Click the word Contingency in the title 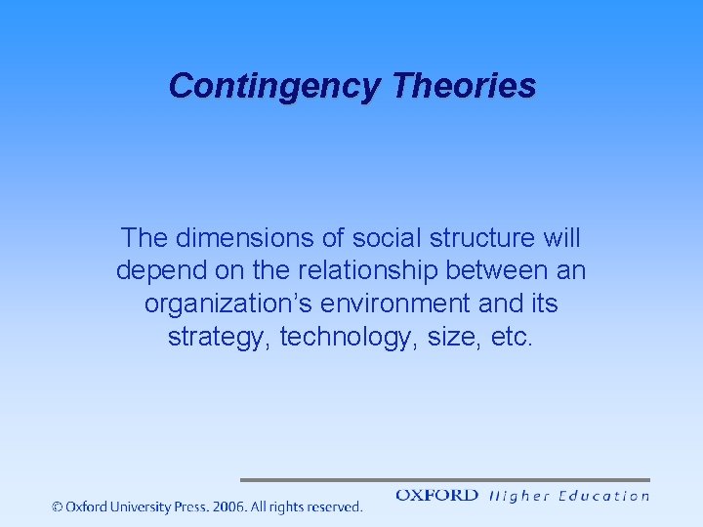(273, 86)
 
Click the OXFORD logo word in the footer (436, 496)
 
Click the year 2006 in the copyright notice (229, 507)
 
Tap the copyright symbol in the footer (58, 507)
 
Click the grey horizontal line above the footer (444, 480)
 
